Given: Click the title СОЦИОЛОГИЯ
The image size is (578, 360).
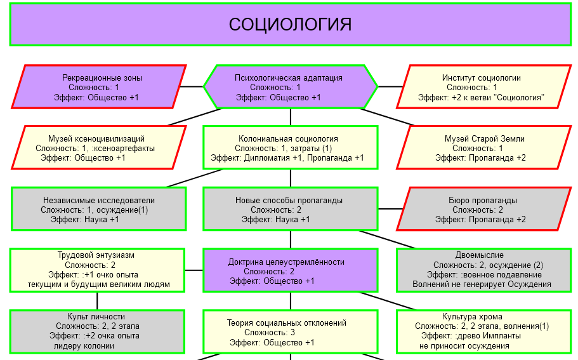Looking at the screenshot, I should (x=290, y=25).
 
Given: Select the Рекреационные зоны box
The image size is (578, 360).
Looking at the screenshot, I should (x=99, y=87).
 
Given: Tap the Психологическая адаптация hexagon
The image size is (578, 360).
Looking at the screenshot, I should (x=290, y=87).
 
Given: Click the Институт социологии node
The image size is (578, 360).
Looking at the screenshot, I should (x=482, y=87).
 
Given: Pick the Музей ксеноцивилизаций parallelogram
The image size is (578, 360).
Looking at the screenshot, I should (x=99, y=147).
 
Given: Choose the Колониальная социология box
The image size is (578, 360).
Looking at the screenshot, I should (x=290, y=147).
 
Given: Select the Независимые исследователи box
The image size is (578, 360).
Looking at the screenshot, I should (x=98, y=209).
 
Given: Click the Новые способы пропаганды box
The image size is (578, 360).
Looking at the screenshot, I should (x=290, y=209).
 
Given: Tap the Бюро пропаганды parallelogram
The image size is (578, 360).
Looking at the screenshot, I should (x=483, y=209).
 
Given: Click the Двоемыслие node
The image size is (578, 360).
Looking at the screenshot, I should (x=483, y=270).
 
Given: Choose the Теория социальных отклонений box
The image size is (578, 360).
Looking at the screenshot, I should (x=290, y=331).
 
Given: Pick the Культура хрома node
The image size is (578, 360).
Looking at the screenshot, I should (x=483, y=331).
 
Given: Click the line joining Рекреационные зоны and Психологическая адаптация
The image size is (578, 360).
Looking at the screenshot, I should (x=192, y=86).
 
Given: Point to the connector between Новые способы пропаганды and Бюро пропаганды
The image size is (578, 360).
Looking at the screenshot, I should (x=390, y=209).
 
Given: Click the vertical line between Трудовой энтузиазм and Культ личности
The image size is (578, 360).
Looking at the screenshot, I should (x=97, y=300).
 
